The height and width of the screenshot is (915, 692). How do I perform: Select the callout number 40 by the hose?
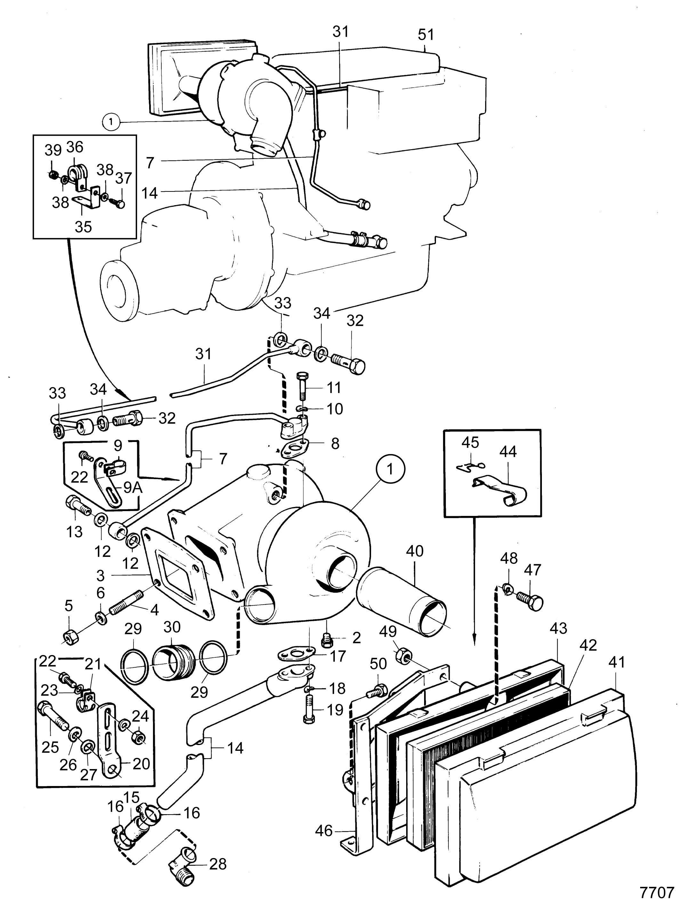[415, 551]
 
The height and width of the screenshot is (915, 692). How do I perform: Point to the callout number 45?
[470, 442]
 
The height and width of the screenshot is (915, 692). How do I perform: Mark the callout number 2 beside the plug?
[356, 638]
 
